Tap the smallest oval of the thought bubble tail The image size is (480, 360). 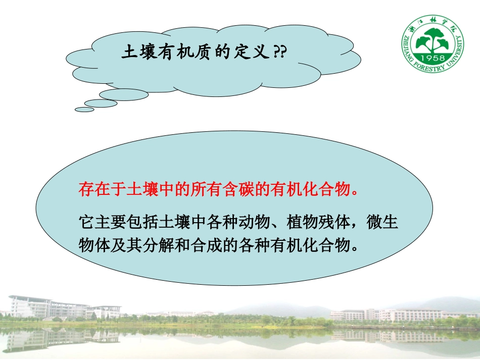(x=84, y=109)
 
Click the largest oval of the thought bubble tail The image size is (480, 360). (x=123, y=94)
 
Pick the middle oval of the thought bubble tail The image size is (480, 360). (x=101, y=103)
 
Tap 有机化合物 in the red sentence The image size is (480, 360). (x=311, y=190)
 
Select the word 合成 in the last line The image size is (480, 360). (x=231, y=245)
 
